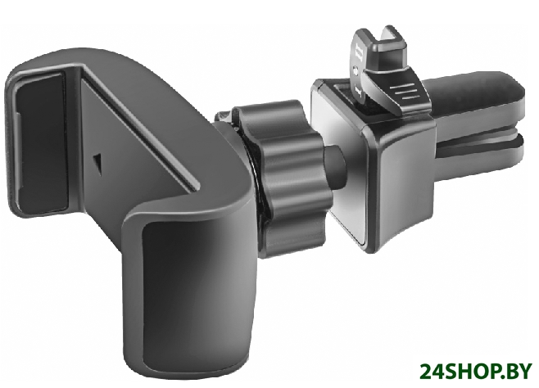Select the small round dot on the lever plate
point(356,71)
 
